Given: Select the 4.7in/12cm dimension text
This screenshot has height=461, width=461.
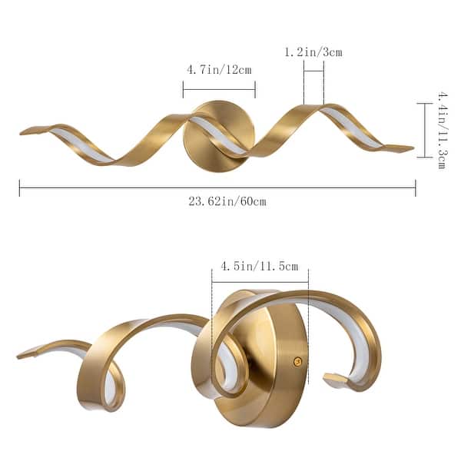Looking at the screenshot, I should tap(219, 69).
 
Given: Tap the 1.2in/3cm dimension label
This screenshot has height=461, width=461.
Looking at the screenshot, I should tap(313, 52).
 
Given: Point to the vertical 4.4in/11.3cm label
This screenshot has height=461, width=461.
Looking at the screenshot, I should tap(442, 130).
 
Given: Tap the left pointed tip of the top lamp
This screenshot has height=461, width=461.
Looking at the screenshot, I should tap(23, 131).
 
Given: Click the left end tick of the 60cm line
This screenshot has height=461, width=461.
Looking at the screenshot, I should tap(19, 187).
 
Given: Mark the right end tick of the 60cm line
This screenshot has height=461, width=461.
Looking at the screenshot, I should tap(416, 187).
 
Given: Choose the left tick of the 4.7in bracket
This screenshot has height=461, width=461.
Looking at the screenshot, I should tap(183, 89).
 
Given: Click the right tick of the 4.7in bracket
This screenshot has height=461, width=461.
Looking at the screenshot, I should tap(255, 89).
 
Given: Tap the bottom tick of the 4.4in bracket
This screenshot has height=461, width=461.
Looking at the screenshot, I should tap(424, 157).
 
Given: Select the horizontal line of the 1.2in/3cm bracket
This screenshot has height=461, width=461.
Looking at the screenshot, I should tap(313, 71).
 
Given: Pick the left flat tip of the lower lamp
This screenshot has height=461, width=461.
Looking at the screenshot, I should tap(23, 355).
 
